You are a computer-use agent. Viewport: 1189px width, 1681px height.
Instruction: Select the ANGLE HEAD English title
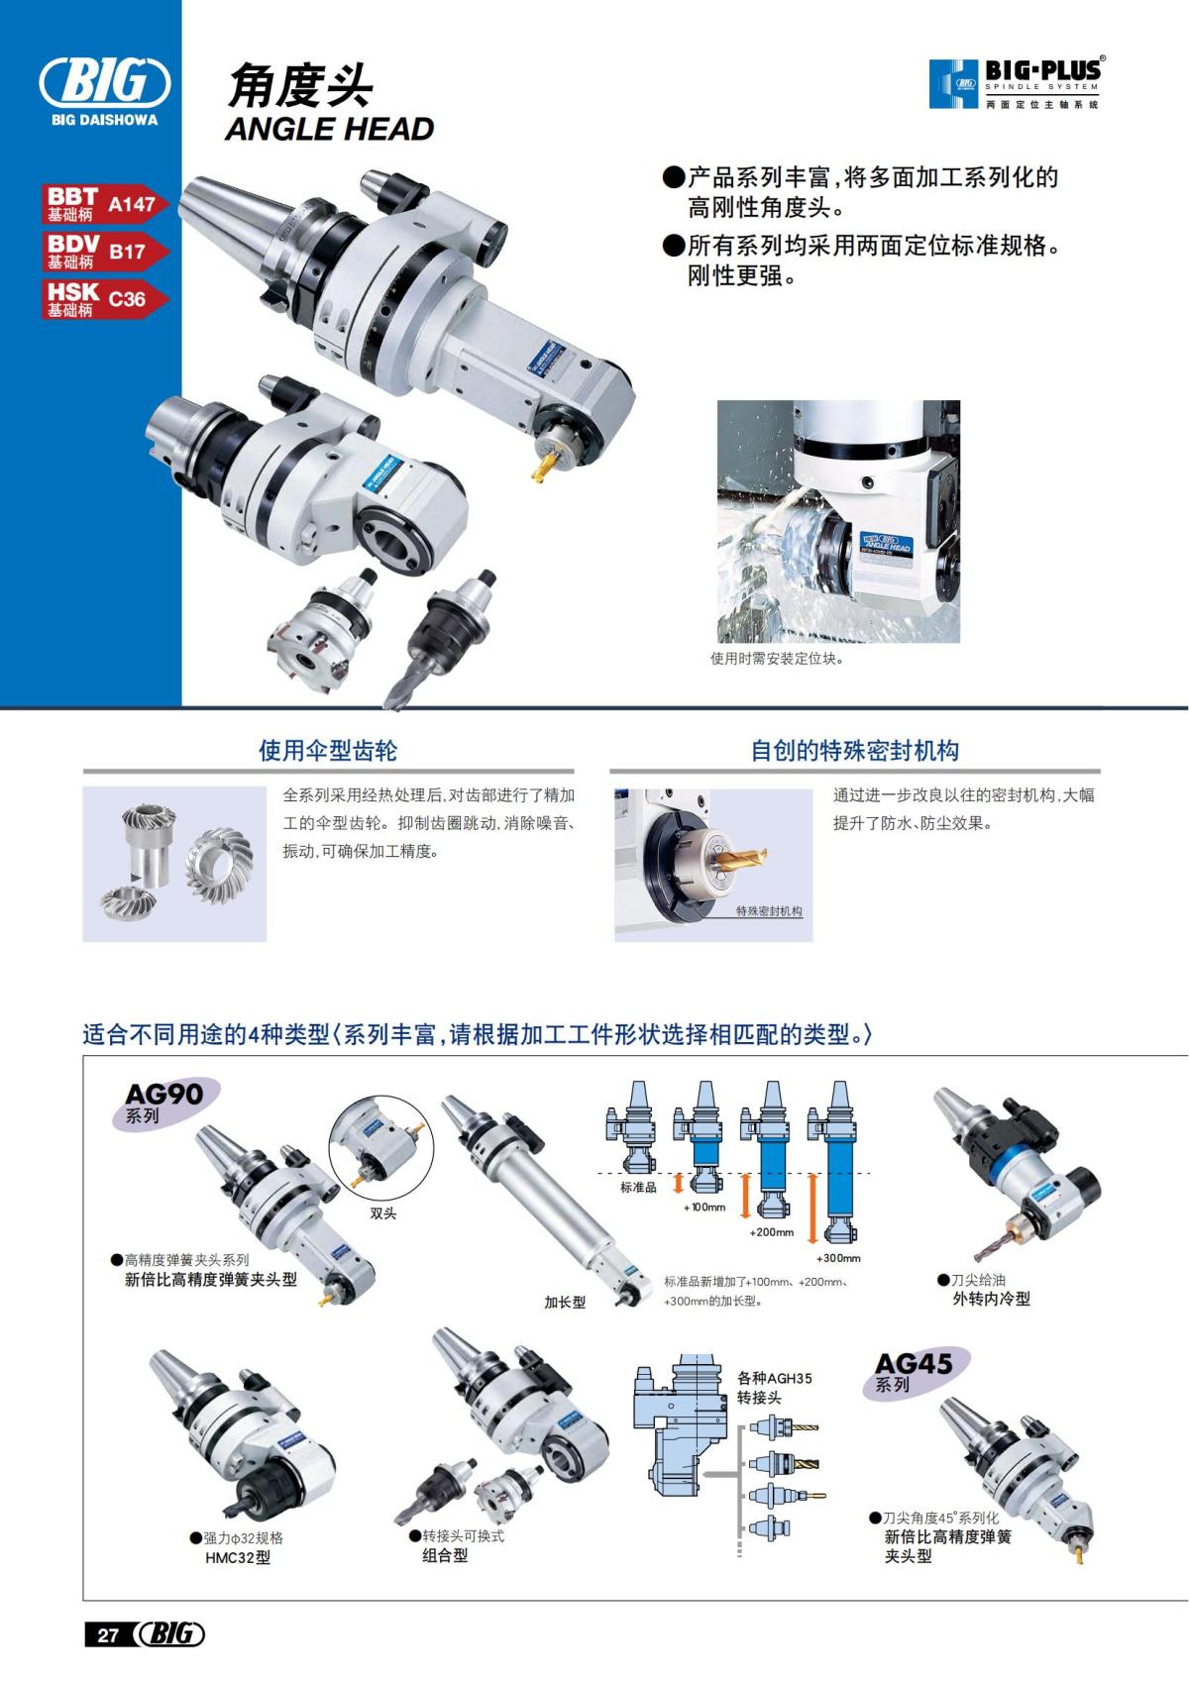tap(329, 129)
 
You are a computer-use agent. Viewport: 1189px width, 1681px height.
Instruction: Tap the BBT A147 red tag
tap(103, 203)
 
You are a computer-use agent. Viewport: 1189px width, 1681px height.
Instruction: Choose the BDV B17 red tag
tap(103, 251)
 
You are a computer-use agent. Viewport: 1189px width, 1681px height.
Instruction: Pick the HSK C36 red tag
tap(103, 298)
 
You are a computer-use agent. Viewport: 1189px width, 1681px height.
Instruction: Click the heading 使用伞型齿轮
tap(328, 751)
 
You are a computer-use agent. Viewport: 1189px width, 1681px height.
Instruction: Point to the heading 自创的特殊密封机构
tap(854, 751)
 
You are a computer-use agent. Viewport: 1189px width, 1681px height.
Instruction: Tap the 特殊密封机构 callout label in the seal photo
tap(769, 911)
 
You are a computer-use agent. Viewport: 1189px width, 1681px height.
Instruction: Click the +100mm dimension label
tap(704, 1208)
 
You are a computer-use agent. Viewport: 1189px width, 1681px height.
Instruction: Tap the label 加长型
tap(565, 1303)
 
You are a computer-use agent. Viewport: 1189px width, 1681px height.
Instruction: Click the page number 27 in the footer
tap(107, 1635)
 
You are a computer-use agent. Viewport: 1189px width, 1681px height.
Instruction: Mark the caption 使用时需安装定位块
tap(778, 659)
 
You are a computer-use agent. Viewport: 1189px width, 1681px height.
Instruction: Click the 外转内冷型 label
tap(991, 1299)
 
